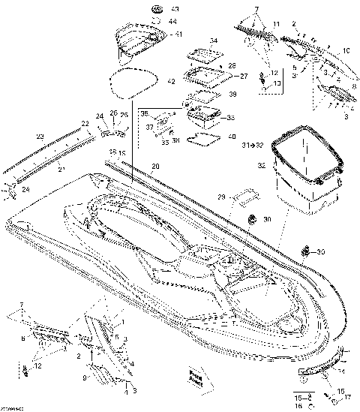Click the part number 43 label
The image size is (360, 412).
pyautogui.click(x=176, y=9)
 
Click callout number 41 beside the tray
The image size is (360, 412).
pyautogui.click(x=177, y=35)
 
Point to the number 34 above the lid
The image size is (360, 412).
pyautogui.click(x=214, y=41)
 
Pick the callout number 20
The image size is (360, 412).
pyautogui.click(x=155, y=167)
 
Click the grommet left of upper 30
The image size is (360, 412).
pyautogui.click(x=252, y=220)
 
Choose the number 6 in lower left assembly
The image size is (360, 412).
pyautogui.click(x=23, y=339)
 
